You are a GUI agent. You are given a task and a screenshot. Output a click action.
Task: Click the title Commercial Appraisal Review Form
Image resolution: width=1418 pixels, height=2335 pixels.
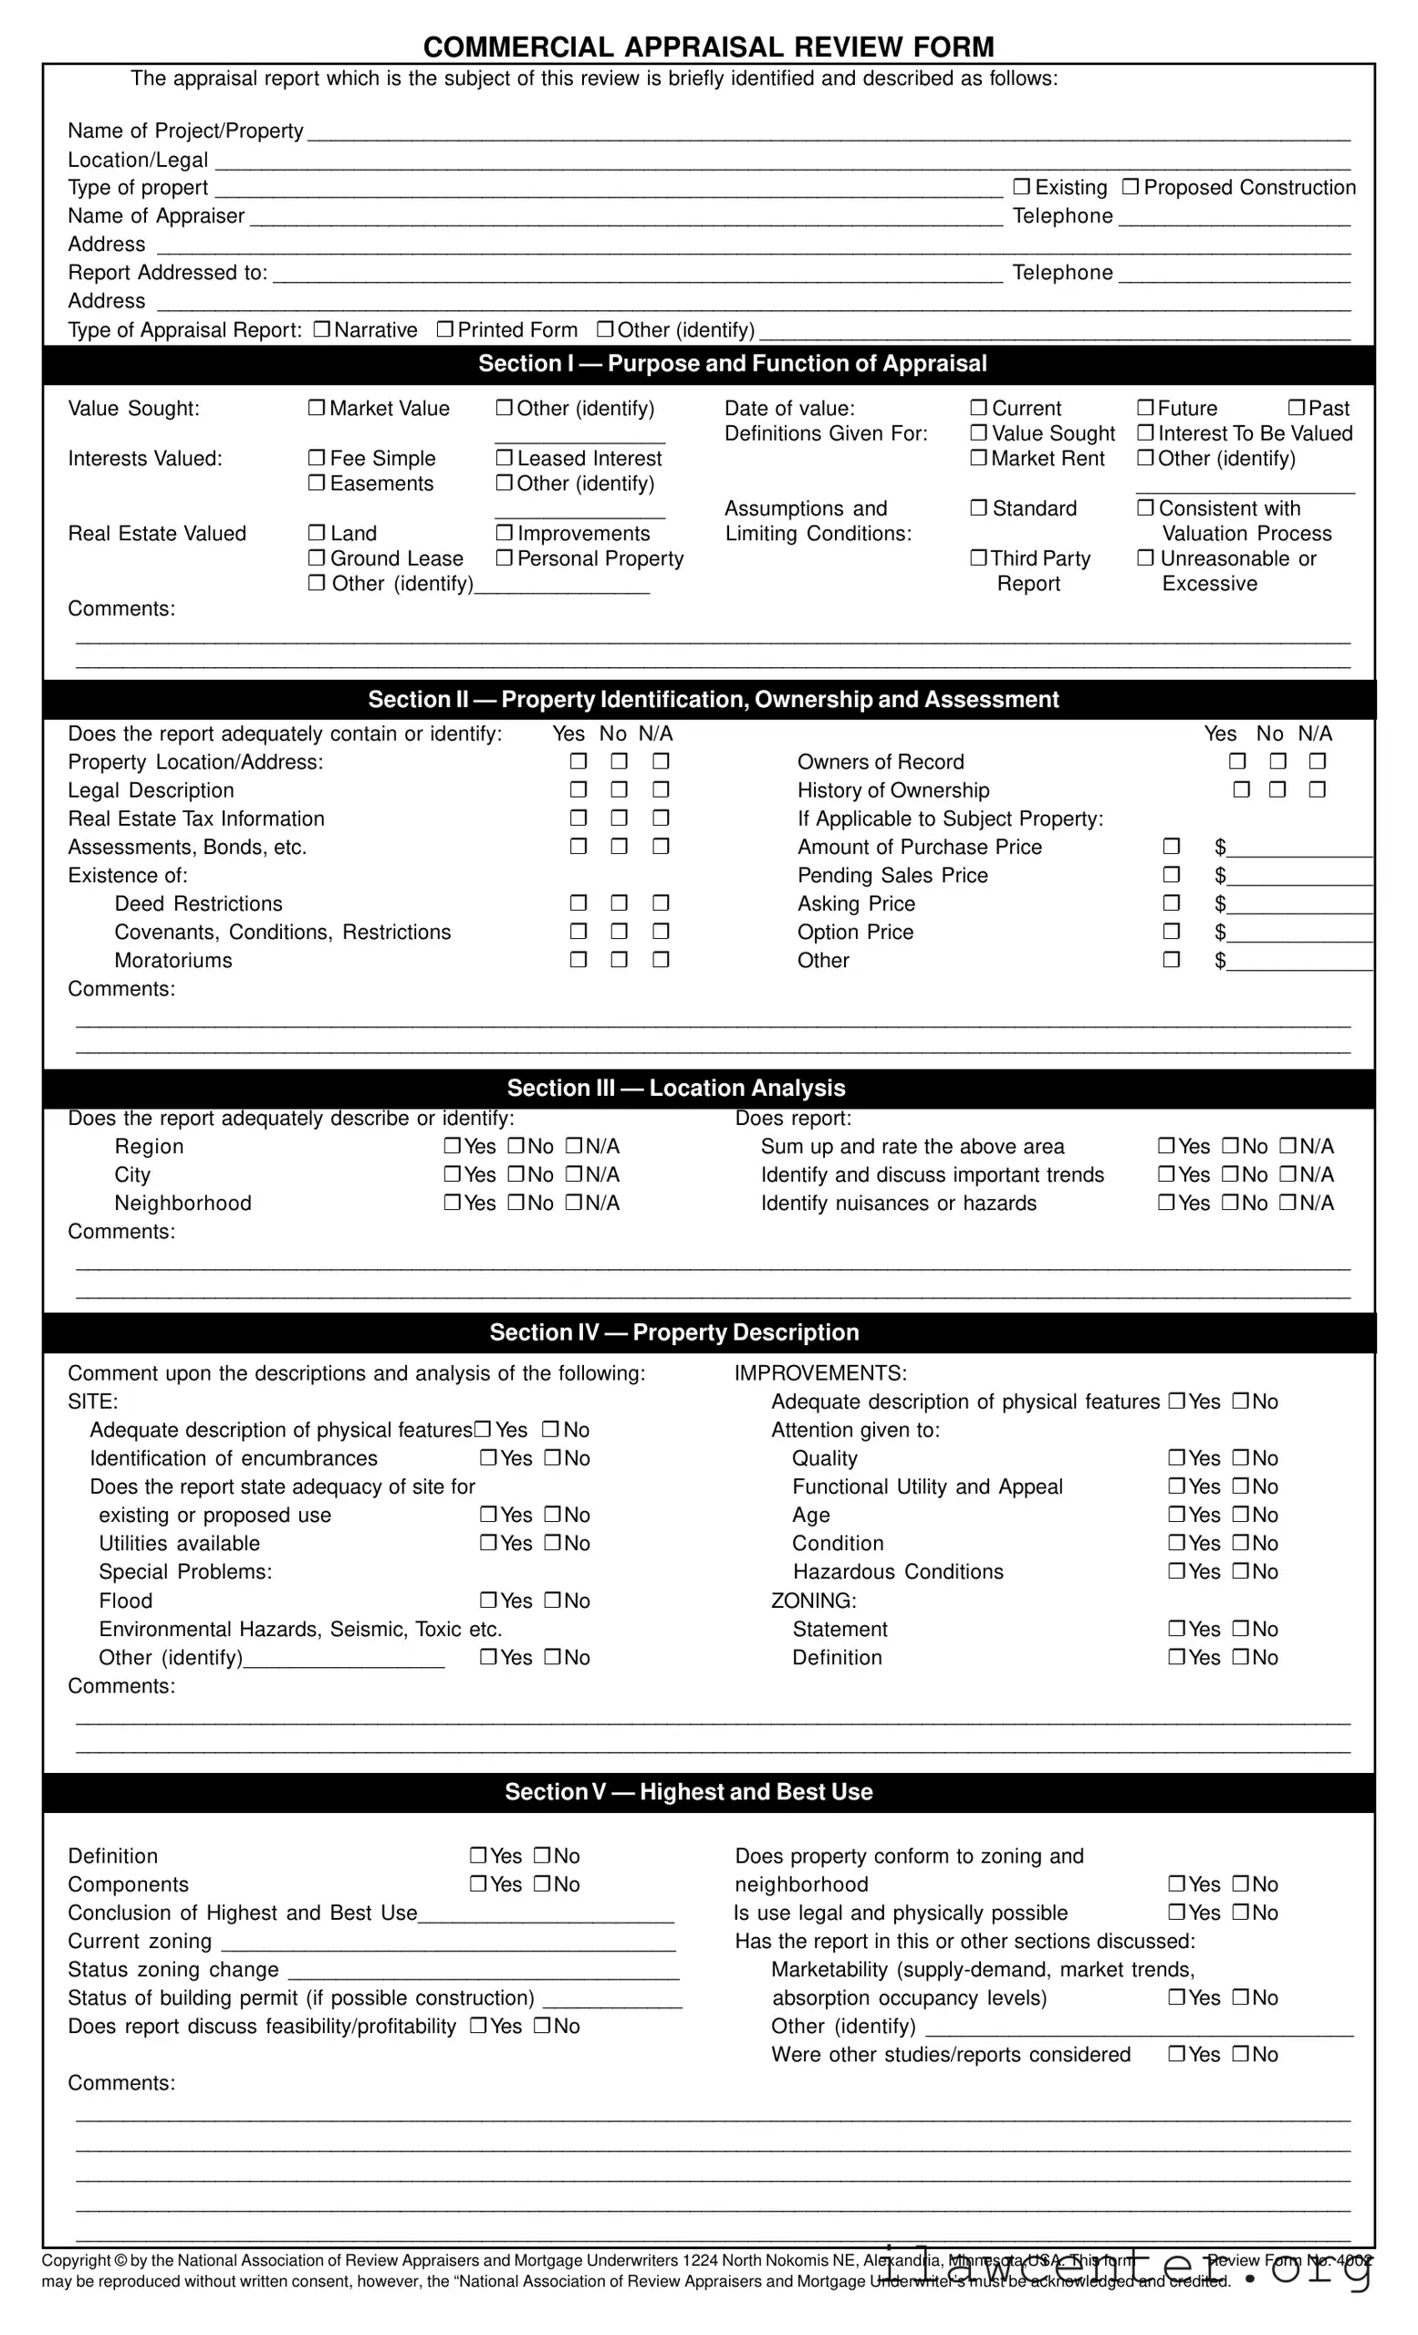[708, 47]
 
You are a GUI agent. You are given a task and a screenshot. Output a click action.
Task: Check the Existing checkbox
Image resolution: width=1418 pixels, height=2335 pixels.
[1021, 187]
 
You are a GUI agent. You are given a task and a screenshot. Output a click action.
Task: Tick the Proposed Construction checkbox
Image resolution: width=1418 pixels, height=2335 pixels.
[1130, 187]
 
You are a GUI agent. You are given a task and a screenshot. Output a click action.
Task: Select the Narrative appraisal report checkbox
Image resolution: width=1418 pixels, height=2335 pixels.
[321, 328]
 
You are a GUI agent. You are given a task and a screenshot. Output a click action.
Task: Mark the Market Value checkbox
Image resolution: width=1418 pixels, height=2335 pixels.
[317, 408]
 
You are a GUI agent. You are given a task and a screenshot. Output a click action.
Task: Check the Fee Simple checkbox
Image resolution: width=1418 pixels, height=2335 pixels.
[317, 458]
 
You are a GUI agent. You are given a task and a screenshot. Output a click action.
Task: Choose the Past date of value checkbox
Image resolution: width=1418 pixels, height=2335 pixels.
[1297, 408]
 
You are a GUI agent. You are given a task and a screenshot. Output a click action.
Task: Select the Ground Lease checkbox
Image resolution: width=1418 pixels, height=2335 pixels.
[317, 558]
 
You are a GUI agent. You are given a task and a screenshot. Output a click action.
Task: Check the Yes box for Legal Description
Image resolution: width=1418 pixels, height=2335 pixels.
[579, 789]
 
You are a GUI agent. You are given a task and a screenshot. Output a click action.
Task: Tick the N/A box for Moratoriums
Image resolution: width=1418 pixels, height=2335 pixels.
[661, 960]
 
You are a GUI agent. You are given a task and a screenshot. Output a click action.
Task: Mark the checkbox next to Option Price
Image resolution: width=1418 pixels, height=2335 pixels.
[1172, 932]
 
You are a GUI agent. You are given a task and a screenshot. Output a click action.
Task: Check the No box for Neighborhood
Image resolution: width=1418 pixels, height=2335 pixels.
[516, 1203]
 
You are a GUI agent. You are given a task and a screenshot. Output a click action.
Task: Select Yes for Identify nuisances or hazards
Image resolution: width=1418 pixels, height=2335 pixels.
[1167, 1203]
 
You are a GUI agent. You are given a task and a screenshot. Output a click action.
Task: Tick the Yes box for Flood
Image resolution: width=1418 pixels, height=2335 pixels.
[488, 1600]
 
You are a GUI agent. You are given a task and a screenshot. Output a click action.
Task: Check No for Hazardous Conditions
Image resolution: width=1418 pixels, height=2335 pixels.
[1241, 1571]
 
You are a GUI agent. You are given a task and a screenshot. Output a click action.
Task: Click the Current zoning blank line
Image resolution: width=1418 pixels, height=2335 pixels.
[447, 1943]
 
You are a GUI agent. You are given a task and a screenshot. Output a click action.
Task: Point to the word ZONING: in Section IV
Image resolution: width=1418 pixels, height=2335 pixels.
[813, 1600]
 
